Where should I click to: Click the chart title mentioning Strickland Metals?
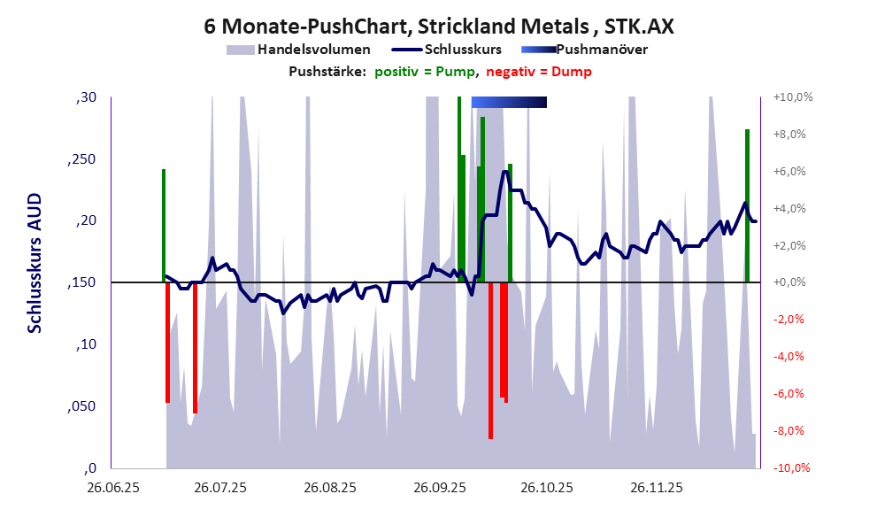tap(438, 27)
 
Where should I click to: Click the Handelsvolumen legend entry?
tap(313, 50)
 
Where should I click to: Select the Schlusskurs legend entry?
tap(464, 50)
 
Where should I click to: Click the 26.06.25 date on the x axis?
tap(112, 488)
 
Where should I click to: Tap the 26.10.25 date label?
tap(547, 488)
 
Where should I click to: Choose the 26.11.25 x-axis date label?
tap(656, 488)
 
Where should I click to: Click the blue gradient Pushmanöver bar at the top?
tap(509, 103)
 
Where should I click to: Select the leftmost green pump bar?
tap(164, 225)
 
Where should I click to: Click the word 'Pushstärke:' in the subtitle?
tap(327, 72)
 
